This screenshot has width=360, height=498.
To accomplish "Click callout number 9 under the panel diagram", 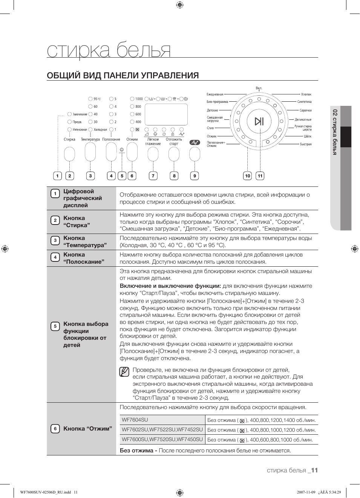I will point(195,176).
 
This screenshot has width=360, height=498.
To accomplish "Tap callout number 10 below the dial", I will point(247,176).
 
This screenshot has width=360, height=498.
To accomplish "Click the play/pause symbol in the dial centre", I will point(259,121).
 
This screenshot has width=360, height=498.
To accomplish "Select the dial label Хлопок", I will point(306,95).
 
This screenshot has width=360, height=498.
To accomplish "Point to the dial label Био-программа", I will point(217,102).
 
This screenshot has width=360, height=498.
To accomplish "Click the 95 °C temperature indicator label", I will point(97,99).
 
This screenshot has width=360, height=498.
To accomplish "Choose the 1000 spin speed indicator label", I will point(139,99).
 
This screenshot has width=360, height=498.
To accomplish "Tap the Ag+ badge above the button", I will point(195,142).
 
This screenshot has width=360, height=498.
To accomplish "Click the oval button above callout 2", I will point(69,154).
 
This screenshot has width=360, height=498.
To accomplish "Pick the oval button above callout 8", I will point(174,154).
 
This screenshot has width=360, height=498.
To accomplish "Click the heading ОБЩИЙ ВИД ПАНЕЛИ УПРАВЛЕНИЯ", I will point(123,75).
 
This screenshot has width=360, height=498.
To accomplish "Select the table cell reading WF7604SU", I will point(135,420).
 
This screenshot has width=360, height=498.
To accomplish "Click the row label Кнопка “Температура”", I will point(85,241).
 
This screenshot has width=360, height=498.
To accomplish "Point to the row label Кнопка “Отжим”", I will point(87,429).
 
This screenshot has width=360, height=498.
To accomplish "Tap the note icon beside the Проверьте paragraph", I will point(124,372).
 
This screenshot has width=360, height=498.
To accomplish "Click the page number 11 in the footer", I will point(314,470).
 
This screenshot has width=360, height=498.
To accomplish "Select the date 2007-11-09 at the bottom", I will point(306,492).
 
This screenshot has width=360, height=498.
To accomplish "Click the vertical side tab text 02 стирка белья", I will point(335,132).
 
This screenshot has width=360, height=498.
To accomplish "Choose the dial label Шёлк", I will point(308,136).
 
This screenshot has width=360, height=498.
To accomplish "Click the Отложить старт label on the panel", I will point(174,142).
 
